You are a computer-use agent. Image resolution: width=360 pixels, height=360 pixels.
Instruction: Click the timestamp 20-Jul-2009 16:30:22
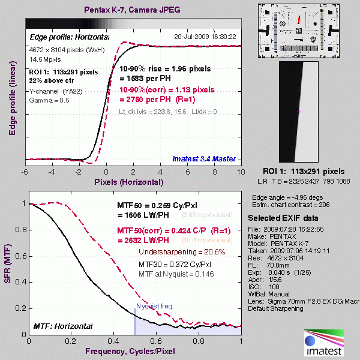205,36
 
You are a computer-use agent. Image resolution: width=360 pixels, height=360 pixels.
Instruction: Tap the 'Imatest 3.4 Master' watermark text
205,159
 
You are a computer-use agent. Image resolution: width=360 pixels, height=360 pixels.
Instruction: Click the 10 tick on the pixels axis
240,171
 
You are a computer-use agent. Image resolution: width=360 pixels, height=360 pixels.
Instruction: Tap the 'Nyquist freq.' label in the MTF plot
155,306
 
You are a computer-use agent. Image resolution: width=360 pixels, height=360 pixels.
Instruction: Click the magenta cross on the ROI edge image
299,112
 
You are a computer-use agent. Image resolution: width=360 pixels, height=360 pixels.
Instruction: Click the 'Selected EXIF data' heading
284,217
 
